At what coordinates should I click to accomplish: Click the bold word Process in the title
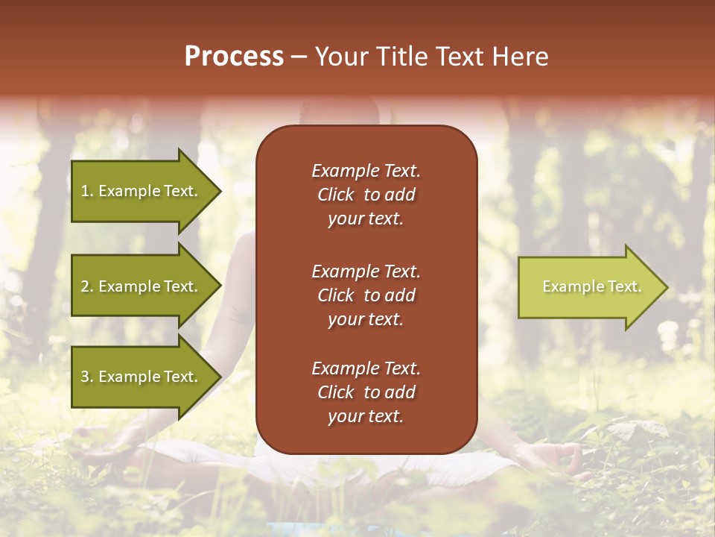click(234, 57)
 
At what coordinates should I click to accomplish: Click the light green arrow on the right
click(588, 287)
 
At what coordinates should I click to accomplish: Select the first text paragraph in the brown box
click(366, 195)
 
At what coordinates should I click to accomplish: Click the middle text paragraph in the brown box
click(366, 295)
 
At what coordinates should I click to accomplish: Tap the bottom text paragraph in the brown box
click(366, 392)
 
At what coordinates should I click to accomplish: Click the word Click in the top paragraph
click(336, 195)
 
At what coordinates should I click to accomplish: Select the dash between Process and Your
click(299, 57)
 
